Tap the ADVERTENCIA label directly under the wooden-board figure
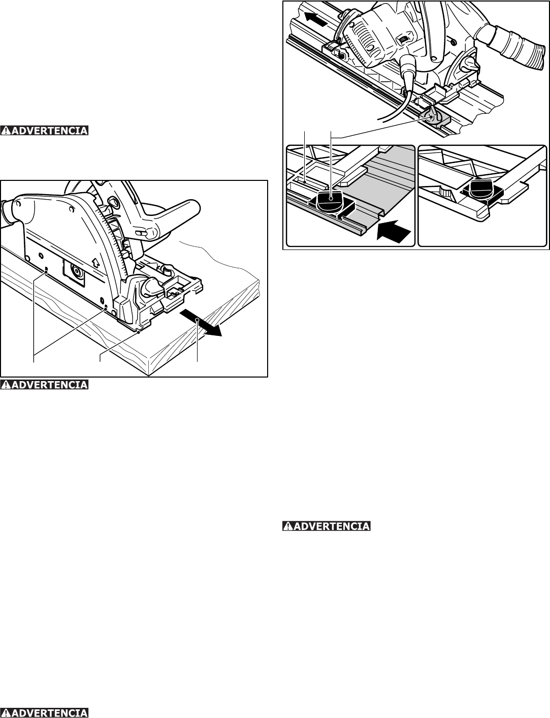pos(45,384)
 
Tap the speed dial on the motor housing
pos(403,39)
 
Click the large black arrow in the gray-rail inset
pos(393,233)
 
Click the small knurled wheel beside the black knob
pos(445,194)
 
